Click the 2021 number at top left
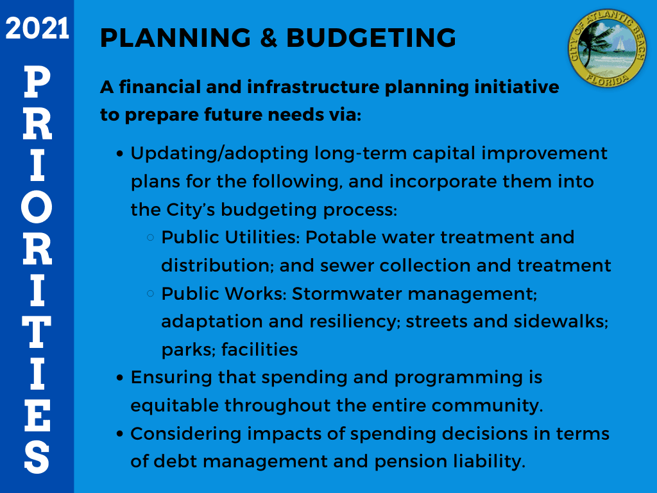click(x=37, y=29)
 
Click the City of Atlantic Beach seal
click(x=608, y=46)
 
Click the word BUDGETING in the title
click(x=371, y=39)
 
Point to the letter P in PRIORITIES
click(x=37, y=82)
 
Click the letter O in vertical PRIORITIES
click(x=37, y=211)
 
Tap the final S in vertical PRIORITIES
click(x=37, y=457)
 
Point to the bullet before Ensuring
click(x=120, y=378)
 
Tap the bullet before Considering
click(x=120, y=435)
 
